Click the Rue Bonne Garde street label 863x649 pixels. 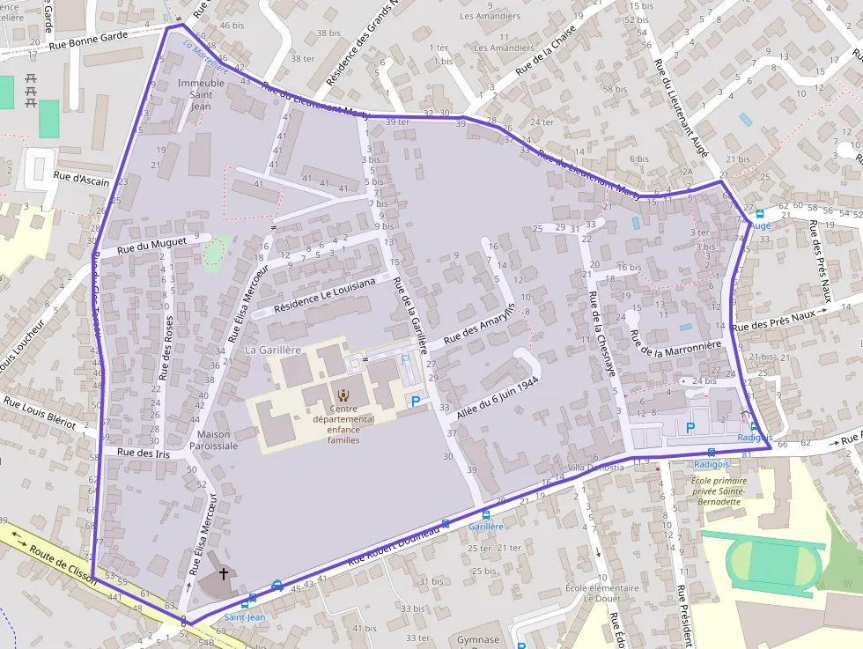click(x=89, y=41)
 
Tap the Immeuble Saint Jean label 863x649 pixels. click(x=202, y=94)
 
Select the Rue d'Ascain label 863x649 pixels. click(x=81, y=178)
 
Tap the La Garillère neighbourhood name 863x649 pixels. click(x=273, y=350)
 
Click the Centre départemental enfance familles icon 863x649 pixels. click(x=342, y=394)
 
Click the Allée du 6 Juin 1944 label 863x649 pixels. click(x=498, y=398)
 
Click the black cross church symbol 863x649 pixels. click(x=223, y=574)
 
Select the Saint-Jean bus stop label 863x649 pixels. click(x=244, y=617)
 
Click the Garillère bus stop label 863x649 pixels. click(x=486, y=526)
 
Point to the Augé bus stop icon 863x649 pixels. click(x=759, y=213)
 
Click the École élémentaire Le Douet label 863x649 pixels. click(x=601, y=593)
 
